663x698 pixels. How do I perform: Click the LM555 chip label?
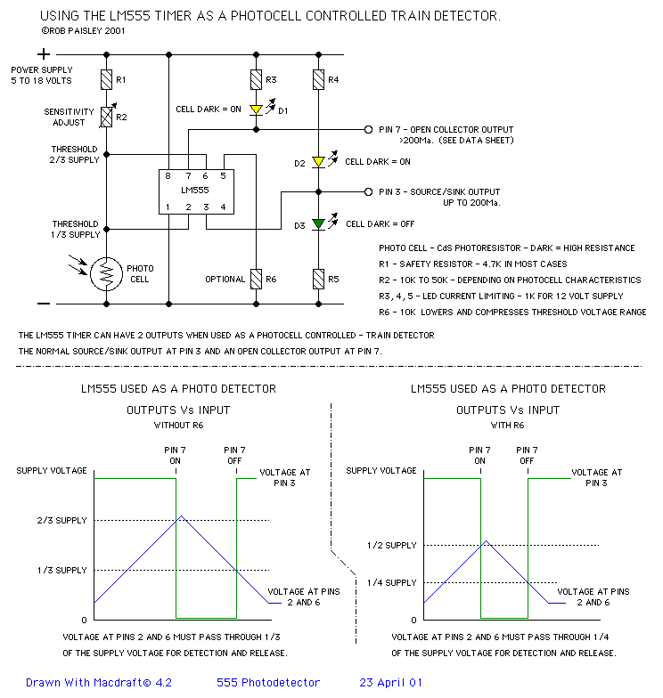[194, 191]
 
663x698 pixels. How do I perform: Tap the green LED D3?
[318, 223]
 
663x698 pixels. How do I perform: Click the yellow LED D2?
[318, 162]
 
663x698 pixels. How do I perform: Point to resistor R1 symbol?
[106, 80]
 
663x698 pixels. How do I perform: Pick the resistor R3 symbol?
[257, 80]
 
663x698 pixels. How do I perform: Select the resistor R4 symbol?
[318, 80]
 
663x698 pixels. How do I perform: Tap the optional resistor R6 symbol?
[257, 279]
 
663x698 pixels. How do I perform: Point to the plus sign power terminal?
[43, 54]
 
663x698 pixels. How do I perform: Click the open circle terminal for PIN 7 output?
[368, 130]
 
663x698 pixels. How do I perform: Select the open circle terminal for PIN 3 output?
[368, 191]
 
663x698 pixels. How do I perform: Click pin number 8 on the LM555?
[168, 176]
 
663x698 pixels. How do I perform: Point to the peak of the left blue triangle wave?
[182, 515]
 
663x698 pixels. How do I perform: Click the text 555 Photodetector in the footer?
[267, 683]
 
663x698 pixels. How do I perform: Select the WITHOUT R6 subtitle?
[178, 426]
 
